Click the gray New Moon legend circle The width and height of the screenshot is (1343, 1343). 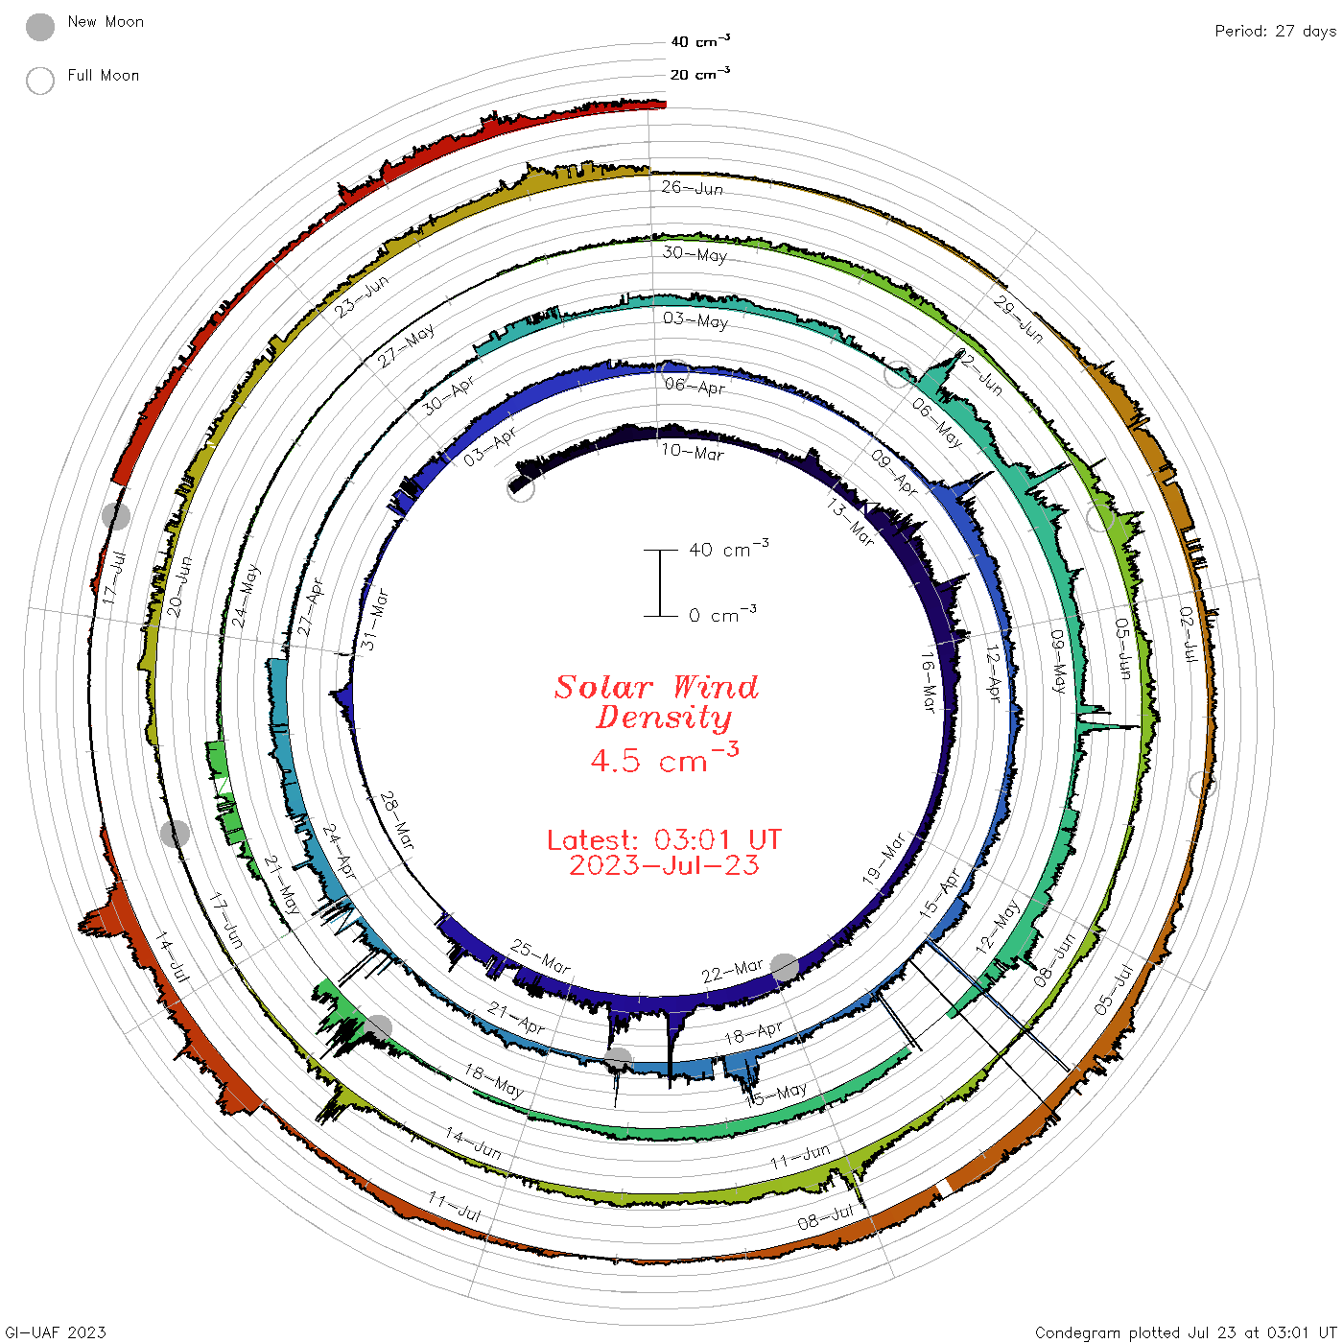click(x=39, y=27)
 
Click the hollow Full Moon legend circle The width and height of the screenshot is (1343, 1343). click(x=39, y=81)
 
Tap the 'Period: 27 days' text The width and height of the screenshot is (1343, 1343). click(x=1276, y=32)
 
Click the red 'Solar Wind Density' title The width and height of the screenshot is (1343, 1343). click(x=656, y=702)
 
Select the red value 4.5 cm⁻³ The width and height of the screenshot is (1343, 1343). click(x=664, y=758)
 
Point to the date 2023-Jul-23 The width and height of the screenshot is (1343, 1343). click(x=664, y=865)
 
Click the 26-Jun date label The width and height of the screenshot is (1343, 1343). click(x=692, y=187)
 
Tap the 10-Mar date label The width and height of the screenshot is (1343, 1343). click(x=692, y=452)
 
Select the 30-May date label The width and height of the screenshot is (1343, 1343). click(x=695, y=253)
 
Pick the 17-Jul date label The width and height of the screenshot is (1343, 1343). click(x=114, y=577)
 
